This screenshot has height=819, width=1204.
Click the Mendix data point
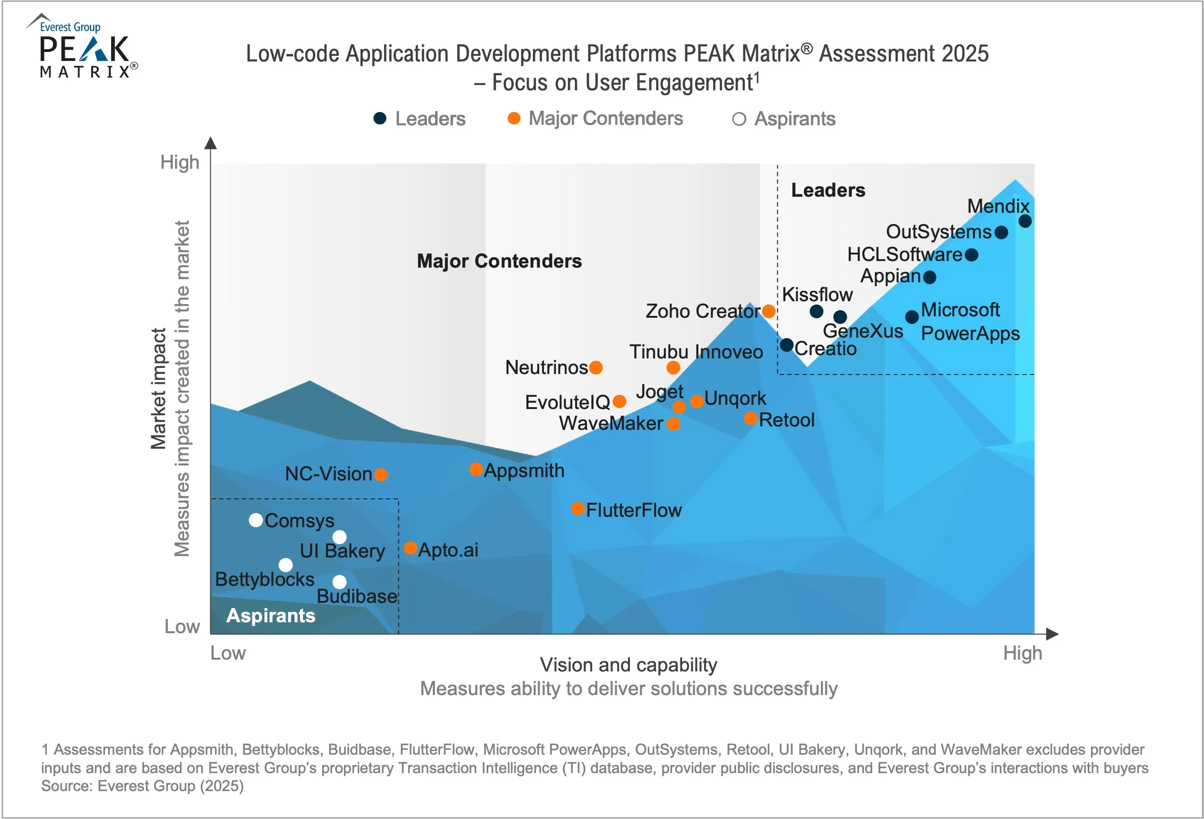pos(1025,221)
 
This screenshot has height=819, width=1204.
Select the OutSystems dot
pos(1001,232)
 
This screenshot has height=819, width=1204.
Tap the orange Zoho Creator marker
pos(769,311)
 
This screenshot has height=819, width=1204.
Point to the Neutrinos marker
pos(596,367)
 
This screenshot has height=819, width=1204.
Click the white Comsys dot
pos(256,520)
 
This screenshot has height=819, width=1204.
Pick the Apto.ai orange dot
pos(410,548)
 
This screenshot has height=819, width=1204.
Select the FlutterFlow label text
pos(634,510)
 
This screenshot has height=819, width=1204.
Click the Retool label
pos(786,420)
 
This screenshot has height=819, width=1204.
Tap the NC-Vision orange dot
pos(381,474)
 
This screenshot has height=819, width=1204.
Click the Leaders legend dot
pos(380,118)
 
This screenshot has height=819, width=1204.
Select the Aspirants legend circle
pos(739,119)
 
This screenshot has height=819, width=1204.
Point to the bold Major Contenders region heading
pos(499,261)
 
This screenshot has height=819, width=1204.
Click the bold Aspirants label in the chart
pos(270,615)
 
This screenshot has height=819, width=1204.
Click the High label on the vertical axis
pos(180,162)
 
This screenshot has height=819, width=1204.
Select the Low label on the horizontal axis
pos(228,653)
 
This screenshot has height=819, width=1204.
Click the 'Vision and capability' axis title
pos(628,664)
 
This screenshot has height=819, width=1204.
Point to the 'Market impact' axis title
pos(158,389)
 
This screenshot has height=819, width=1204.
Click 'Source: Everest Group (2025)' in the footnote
pos(143,786)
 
